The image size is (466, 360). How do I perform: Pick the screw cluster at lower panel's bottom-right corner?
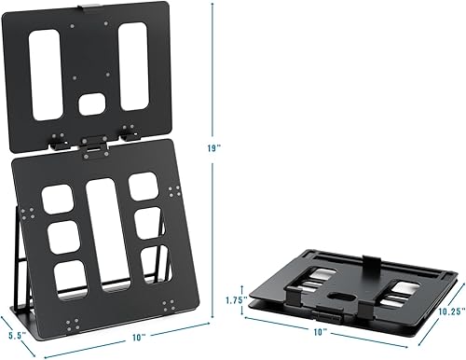point(168,306)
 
